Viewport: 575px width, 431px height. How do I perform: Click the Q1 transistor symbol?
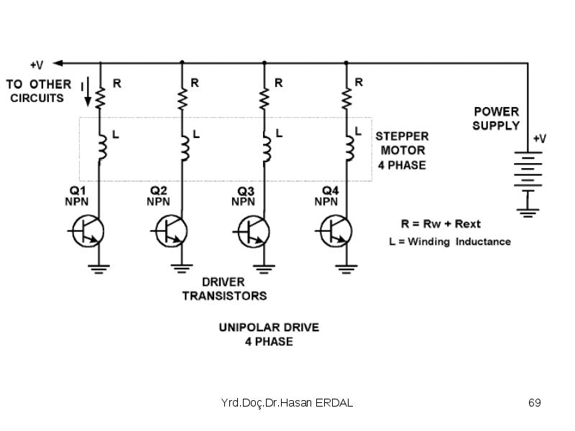[88, 231]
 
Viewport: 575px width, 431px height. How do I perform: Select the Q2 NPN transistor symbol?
[171, 231]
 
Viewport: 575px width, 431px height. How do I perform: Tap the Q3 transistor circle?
[254, 231]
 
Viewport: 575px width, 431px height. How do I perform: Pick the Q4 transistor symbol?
[336, 231]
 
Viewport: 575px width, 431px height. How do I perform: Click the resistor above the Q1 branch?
[100, 98]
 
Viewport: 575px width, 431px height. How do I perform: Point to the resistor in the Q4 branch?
[346, 98]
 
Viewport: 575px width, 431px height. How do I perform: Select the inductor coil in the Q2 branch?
[185, 148]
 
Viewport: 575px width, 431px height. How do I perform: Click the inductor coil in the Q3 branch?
[267, 148]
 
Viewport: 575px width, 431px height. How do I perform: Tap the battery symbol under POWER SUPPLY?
[528, 169]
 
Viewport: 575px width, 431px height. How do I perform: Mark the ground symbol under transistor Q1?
[98, 269]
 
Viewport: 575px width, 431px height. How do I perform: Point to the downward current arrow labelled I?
[88, 92]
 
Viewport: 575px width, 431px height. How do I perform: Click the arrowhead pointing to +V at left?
[57, 63]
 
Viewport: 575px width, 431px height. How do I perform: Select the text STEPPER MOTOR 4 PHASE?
[402, 151]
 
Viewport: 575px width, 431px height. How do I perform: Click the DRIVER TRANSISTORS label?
[224, 289]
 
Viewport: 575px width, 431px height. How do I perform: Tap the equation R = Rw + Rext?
[441, 223]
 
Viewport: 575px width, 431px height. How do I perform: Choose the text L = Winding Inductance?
[450, 241]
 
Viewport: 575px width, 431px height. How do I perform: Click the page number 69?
[534, 402]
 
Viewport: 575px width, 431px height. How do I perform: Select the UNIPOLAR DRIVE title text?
[269, 328]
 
